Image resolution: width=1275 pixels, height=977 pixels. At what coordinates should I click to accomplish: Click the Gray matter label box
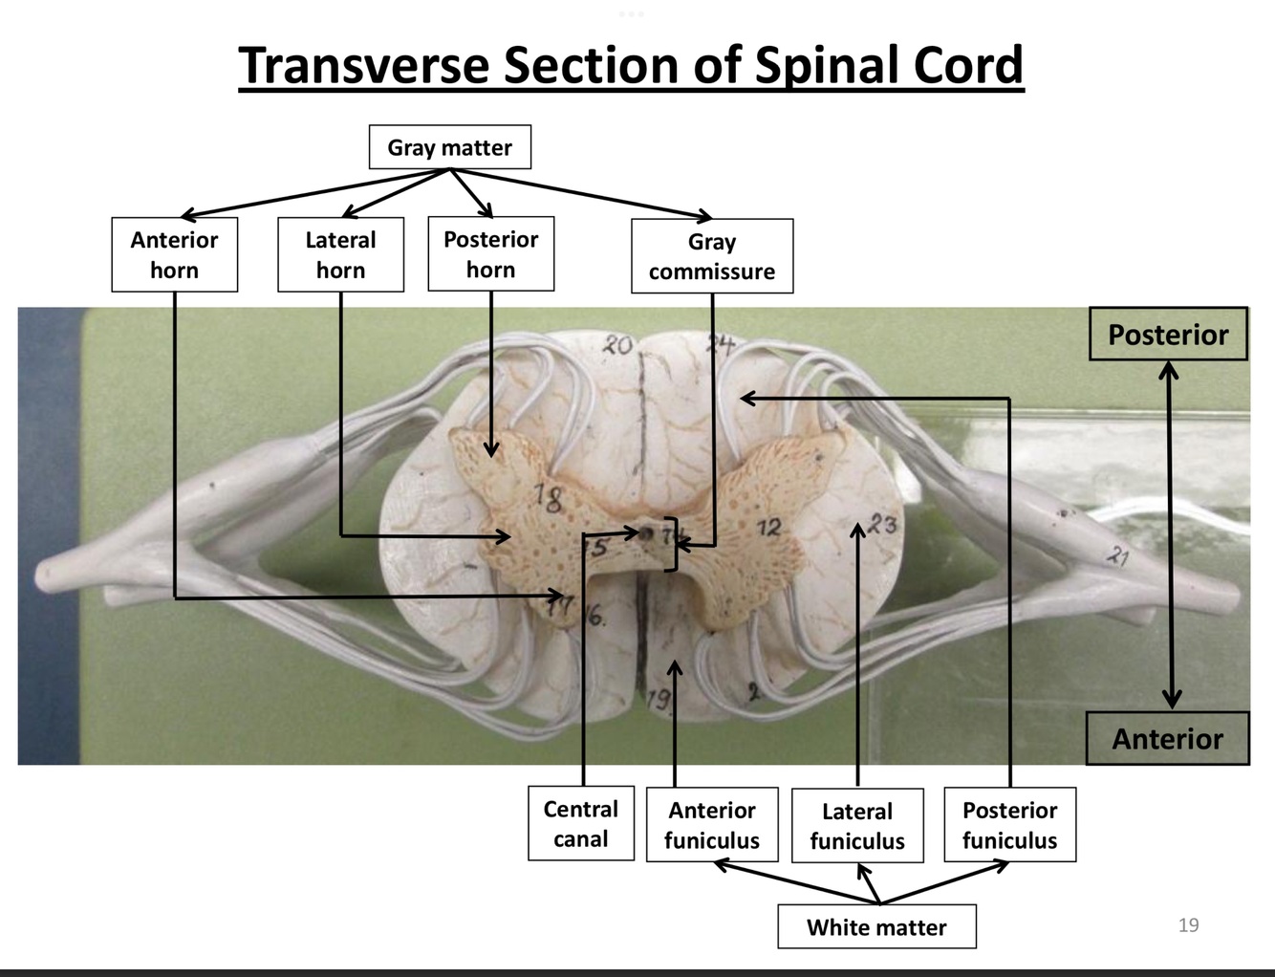click(x=449, y=147)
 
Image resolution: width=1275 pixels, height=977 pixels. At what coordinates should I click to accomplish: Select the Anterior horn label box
click(x=174, y=254)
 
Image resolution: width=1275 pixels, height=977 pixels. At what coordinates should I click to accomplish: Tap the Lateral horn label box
click(x=340, y=254)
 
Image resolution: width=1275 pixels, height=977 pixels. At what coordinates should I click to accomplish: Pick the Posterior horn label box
click(x=490, y=253)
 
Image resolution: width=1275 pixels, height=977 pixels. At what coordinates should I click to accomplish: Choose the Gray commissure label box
click(x=712, y=256)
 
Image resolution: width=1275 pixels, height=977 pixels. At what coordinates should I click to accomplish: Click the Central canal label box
click(x=580, y=823)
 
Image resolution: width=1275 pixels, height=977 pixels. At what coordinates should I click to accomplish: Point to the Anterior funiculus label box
click(x=712, y=824)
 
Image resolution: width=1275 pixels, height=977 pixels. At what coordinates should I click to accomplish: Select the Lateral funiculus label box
click(x=857, y=825)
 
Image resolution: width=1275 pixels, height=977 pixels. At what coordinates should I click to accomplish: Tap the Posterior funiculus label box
click(x=1009, y=824)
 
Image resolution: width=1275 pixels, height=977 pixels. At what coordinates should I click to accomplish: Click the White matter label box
click(x=876, y=926)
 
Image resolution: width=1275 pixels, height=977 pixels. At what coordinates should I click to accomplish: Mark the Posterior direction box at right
click(x=1168, y=335)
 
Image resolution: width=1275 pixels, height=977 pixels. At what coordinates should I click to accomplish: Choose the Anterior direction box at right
click(x=1167, y=738)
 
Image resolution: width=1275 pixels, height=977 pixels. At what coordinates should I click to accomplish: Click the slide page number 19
click(x=1188, y=924)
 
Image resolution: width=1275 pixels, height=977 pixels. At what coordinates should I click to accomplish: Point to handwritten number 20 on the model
click(x=617, y=345)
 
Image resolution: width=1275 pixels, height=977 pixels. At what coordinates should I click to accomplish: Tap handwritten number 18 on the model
click(x=549, y=497)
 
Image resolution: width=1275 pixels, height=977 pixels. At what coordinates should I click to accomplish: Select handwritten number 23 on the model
click(x=882, y=524)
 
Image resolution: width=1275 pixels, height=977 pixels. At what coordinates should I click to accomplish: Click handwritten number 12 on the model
click(x=768, y=527)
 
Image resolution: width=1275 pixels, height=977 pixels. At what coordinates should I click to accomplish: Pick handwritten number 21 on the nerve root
click(x=1115, y=554)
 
